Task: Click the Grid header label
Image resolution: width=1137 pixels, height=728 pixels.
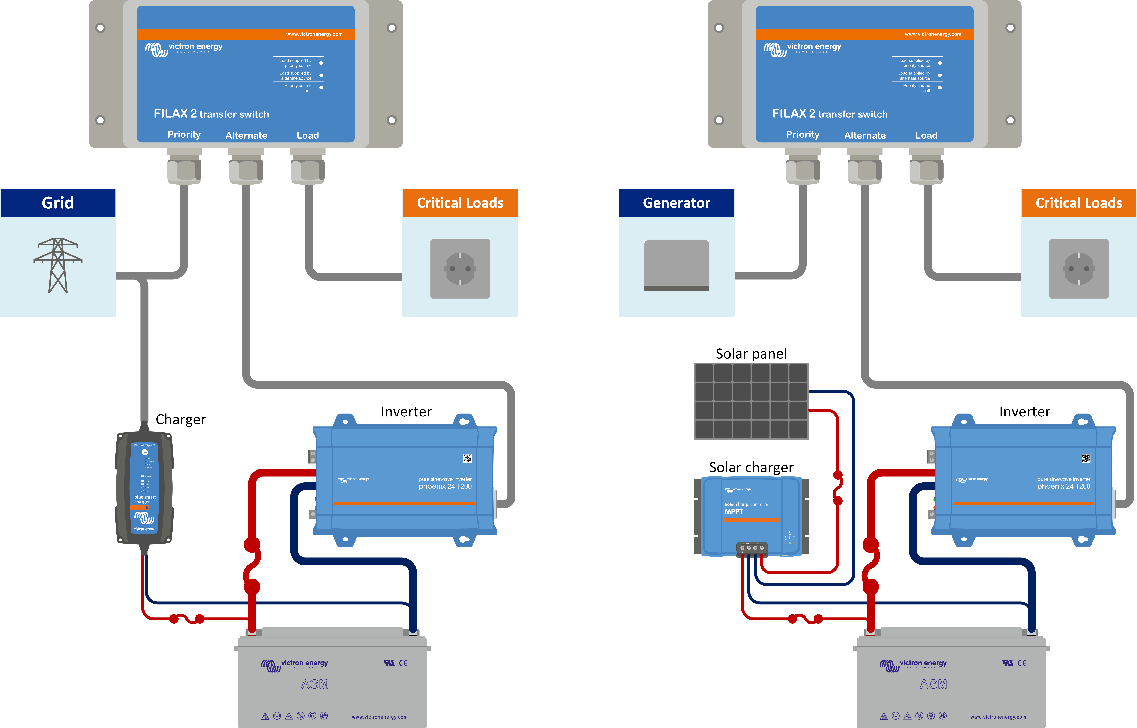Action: pyautogui.click(x=58, y=203)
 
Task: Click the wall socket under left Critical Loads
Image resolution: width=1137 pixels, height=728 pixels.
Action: pyautogui.click(x=460, y=268)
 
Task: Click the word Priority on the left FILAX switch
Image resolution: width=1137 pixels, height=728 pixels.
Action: pyautogui.click(x=184, y=135)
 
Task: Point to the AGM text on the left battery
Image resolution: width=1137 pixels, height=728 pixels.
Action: pyautogui.click(x=315, y=684)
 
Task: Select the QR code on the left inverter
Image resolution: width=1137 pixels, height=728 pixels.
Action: pyautogui.click(x=467, y=458)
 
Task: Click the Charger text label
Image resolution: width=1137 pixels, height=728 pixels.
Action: pyautogui.click(x=181, y=419)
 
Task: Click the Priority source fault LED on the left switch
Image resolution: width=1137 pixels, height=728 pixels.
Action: pyautogui.click(x=321, y=87)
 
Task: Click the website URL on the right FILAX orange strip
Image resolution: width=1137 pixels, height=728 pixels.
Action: pyautogui.click(x=933, y=34)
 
